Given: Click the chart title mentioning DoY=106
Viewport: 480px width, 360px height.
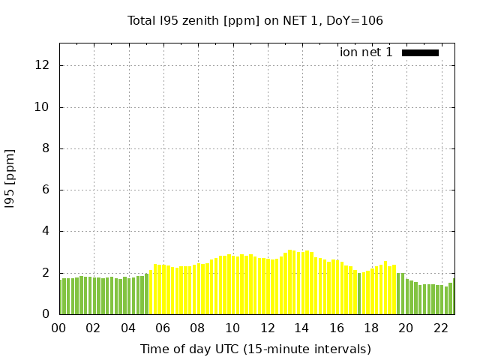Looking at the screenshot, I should pyautogui.click(x=255, y=20).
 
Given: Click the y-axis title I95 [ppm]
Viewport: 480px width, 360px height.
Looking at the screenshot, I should pyautogui.click(x=10, y=179).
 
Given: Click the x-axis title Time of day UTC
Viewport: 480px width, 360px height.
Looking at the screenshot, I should pyautogui.click(x=255, y=349).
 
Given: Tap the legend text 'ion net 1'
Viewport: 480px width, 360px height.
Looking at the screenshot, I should pyautogui.click(x=366, y=52).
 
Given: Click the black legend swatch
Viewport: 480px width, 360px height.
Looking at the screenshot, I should pyautogui.click(x=420, y=52).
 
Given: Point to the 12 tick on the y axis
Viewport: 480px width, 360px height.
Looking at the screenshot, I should pyautogui.click(x=43, y=65).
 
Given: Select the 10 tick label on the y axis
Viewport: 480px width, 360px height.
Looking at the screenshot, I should pyautogui.click(x=43, y=107).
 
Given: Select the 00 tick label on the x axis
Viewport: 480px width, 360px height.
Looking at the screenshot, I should pyautogui.click(x=58, y=328).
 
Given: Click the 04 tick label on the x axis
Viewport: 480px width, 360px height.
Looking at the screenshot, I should pyautogui.click(x=128, y=328).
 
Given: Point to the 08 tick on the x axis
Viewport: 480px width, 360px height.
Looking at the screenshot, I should pyautogui.click(x=197, y=328).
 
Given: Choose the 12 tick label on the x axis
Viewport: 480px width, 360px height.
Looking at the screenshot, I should pyautogui.click(x=267, y=328).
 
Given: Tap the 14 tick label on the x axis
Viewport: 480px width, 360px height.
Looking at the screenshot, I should pyautogui.click(x=301, y=328).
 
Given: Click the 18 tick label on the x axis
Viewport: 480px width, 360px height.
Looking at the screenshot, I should pyautogui.click(x=371, y=328).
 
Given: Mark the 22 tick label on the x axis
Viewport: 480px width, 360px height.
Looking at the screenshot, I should pyautogui.click(x=441, y=328).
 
